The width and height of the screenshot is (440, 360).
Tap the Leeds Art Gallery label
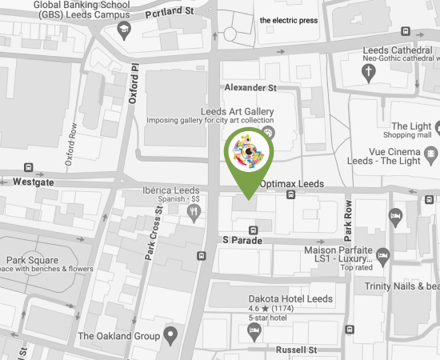[238, 111]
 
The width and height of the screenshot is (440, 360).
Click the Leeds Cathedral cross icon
[369, 74]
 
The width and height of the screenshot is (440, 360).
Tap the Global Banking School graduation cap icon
[124, 30]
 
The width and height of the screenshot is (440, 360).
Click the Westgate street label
[34, 182]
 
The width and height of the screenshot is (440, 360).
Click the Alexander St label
[250, 87]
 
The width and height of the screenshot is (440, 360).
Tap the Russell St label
[296, 350]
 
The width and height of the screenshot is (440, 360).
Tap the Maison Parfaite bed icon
[382, 256]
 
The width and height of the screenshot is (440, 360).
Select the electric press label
[289, 20]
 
